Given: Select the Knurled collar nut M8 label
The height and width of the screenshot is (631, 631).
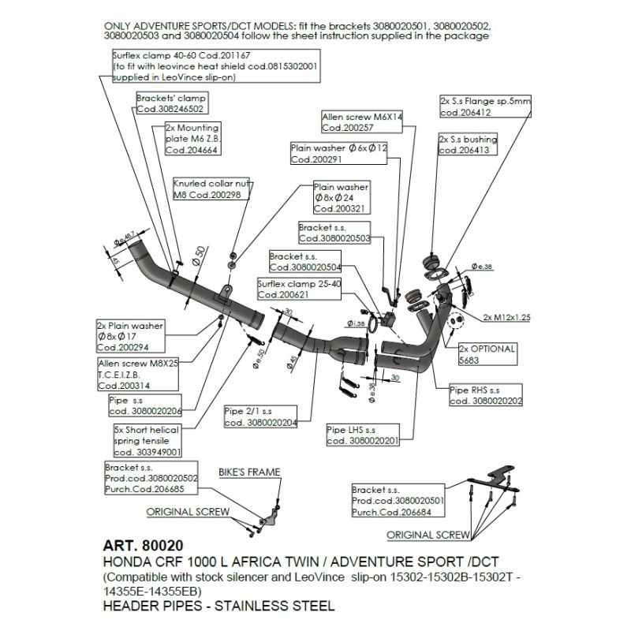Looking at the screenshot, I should pyautogui.click(x=207, y=189).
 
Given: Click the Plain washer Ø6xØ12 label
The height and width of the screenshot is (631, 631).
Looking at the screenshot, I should pyautogui.click(x=338, y=153).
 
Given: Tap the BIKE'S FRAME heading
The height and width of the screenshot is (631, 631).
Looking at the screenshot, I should pyautogui.click(x=252, y=472).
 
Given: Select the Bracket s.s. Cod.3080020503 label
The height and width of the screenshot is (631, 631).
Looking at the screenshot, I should pyautogui.click(x=335, y=232).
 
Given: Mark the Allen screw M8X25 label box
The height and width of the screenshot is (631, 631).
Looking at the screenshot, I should pyautogui.click(x=139, y=373).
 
